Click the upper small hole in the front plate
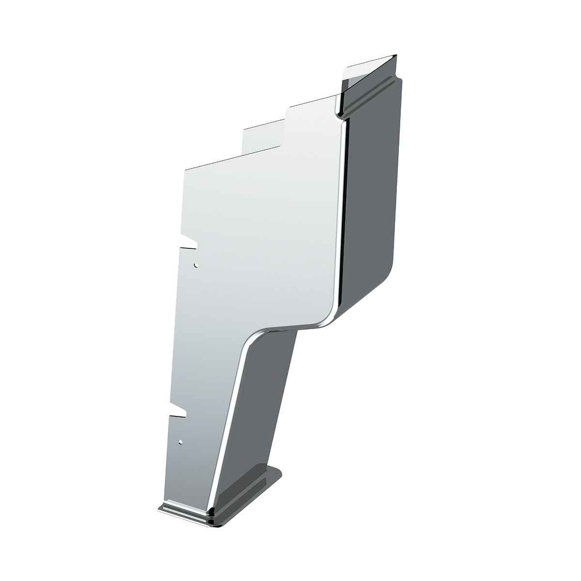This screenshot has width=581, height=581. (196, 265)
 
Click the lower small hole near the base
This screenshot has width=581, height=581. (181, 442)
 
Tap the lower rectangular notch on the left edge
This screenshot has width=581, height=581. (178, 412)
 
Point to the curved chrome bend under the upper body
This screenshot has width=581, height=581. (271, 328)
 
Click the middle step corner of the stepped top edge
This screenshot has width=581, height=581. (244, 129)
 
